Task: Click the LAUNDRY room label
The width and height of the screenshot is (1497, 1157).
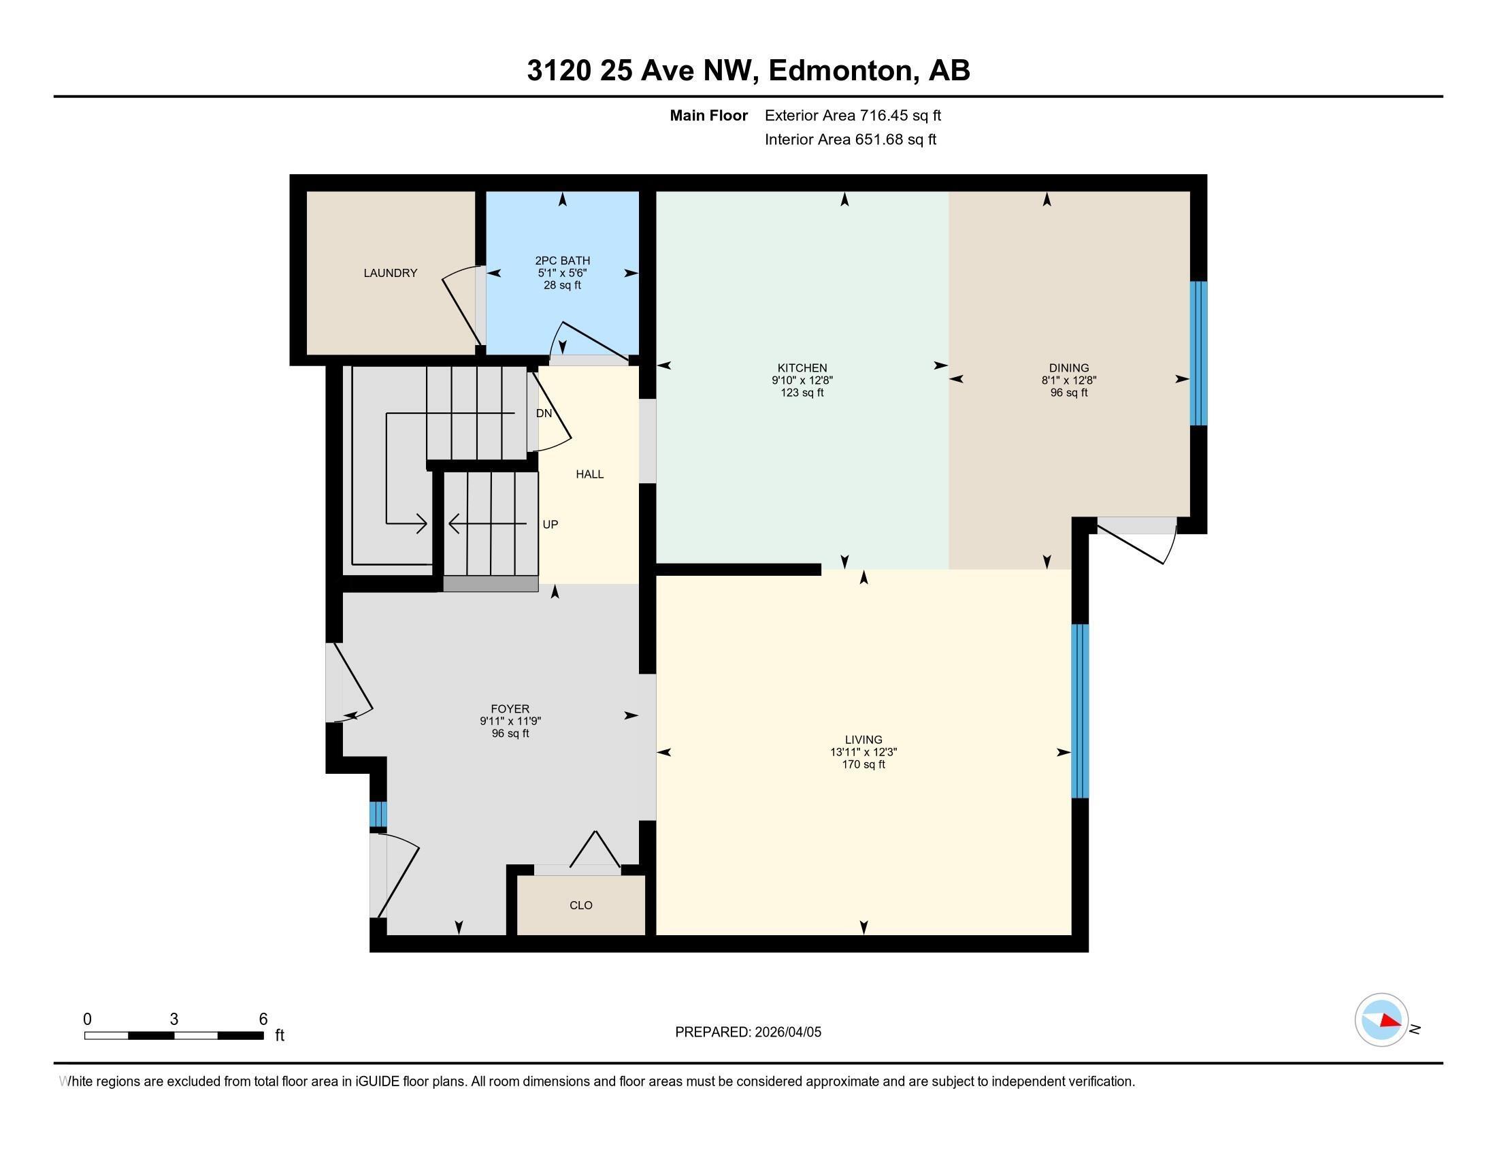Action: tap(390, 273)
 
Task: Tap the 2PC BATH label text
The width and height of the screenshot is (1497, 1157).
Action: tap(562, 261)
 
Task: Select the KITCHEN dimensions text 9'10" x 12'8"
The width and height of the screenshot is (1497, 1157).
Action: tap(802, 380)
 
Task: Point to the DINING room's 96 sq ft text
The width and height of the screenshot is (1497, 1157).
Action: tap(1068, 393)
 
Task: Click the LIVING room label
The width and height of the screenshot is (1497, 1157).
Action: tap(863, 740)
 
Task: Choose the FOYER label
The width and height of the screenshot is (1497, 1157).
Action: tap(510, 708)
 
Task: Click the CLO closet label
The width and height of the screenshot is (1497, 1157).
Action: tap(580, 905)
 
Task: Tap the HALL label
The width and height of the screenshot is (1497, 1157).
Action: tap(589, 474)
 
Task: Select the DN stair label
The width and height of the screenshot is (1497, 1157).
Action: tap(544, 413)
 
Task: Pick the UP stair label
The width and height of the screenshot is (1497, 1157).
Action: tap(550, 524)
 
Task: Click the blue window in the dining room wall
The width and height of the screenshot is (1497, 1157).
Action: tap(1198, 354)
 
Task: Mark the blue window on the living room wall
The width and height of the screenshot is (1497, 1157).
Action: tap(1080, 711)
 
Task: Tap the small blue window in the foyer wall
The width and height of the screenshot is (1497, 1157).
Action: tap(378, 814)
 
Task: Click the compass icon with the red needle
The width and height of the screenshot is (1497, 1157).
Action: tap(1381, 1020)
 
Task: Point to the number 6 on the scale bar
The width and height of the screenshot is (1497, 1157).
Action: tap(263, 1020)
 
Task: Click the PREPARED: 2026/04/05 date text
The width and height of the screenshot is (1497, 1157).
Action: tap(748, 1032)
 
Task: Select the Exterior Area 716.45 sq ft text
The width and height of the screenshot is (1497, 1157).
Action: tap(853, 115)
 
